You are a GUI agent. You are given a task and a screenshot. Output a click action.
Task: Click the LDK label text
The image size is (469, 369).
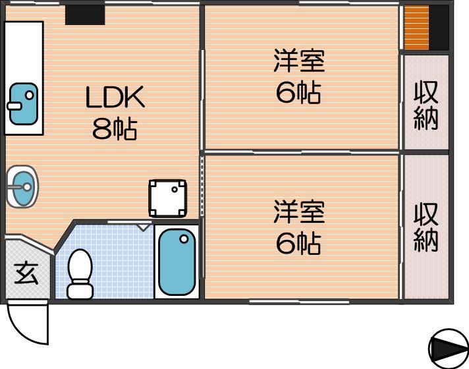(115, 97)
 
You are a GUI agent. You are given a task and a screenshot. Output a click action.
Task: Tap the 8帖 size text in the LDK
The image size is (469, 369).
(115, 129)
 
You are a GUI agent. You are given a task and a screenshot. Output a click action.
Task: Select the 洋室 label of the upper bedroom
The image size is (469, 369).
(300, 61)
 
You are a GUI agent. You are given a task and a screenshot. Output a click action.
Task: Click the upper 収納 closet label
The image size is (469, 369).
(426, 105)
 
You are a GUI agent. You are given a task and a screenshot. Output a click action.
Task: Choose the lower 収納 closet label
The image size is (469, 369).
(426, 227)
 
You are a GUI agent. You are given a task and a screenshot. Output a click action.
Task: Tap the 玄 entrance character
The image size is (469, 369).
(26, 274)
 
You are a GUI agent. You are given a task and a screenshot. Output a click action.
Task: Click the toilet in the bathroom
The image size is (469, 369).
(80, 274)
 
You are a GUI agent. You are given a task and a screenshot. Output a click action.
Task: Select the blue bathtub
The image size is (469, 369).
(177, 262)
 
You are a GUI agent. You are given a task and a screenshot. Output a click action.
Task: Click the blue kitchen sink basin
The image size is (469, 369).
(23, 104)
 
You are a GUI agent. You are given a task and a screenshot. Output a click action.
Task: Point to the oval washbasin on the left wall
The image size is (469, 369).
(22, 186)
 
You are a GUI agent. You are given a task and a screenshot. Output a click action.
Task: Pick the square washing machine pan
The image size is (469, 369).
(168, 198)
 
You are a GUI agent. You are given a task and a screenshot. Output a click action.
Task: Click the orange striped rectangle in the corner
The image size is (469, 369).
(417, 28)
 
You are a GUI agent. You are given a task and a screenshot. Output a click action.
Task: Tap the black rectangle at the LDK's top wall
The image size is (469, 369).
(85, 15)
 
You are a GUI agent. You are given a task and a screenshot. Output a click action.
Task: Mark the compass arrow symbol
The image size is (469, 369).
(449, 349)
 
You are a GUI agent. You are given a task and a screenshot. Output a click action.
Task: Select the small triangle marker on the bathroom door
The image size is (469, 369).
(144, 227)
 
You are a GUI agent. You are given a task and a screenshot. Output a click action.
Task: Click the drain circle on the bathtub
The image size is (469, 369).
(184, 239)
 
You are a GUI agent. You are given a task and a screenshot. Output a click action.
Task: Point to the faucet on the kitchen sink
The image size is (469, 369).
(14, 105)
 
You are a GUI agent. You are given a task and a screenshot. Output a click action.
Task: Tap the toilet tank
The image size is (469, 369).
(80, 291)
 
